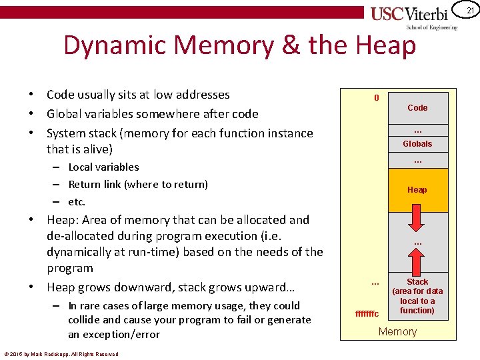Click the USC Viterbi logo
click(x=413, y=15)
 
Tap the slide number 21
click(x=470, y=11)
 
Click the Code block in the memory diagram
click(x=417, y=107)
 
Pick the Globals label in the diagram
click(x=417, y=144)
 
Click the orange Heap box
click(x=417, y=190)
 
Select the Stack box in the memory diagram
click(x=417, y=296)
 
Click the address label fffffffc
click(x=367, y=313)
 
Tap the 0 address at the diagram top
click(x=377, y=98)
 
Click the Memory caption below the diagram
click(x=397, y=332)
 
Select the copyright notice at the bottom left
click(x=61, y=354)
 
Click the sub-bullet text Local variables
click(x=104, y=167)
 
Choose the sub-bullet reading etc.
click(x=77, y=201)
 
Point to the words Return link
click(x=100, y=185)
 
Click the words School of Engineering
click(x=432, y=27)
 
